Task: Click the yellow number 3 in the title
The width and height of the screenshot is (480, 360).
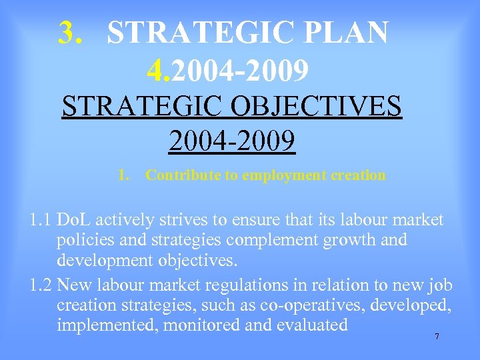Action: point(67,33)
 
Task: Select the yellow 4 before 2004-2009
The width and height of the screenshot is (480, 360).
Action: point(158,69)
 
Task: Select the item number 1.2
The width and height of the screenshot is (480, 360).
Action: point(41,285)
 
